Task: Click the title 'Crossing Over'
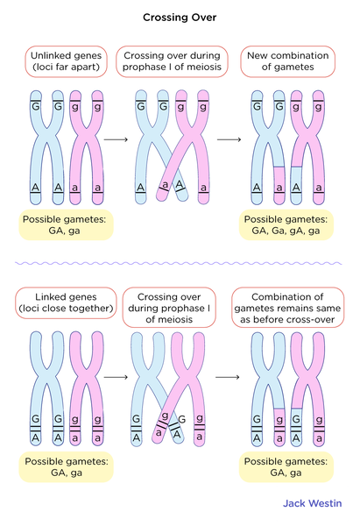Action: [x=180, y=17]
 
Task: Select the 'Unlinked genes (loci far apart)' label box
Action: [x=67, y=61]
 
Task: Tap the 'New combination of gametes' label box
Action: [x=286, y=61]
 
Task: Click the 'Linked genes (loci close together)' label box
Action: [x=67, y=302]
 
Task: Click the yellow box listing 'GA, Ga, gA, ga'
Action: [x=286, y=225]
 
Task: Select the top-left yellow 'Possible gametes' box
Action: [x=67, y=225]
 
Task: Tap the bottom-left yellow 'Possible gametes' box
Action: [x=67, y=467]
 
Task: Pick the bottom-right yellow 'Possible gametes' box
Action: [x=286, y=467]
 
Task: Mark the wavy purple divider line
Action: [x=180, y=262]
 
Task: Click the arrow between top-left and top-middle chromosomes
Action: [x=116, y=139]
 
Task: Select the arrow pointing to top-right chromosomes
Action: [x=229, y=139]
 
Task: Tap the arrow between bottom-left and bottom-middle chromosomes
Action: [x=116, y=378]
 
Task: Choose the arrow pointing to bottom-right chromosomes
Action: [x=229, y=378]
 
